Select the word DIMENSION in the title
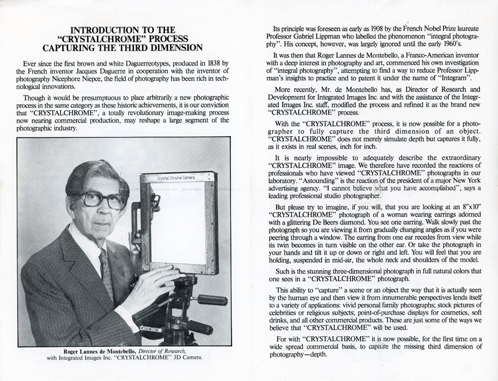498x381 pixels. (x=175, y=47)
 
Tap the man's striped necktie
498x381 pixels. (x=106, y=274)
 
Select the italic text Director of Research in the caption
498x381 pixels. (x=164, y=350)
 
